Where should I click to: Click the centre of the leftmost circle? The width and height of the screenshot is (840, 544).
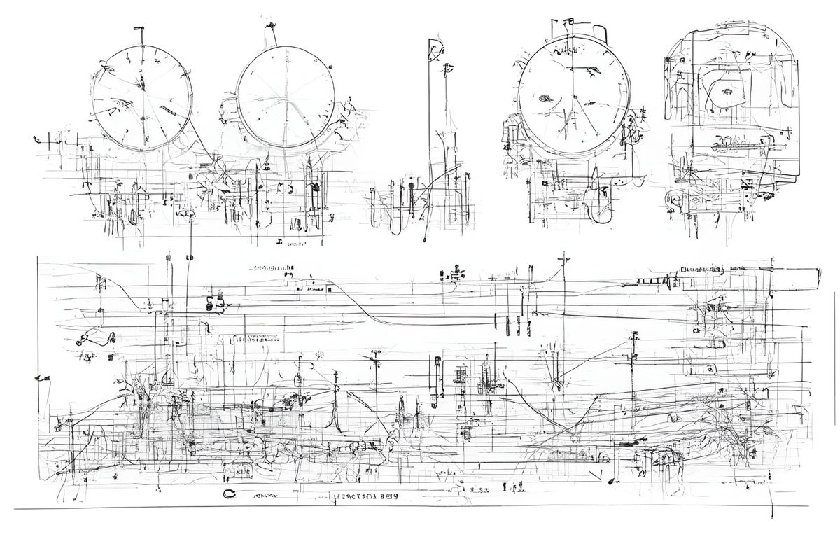click(142, 97)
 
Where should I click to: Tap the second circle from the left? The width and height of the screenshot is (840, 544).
click(285, 97)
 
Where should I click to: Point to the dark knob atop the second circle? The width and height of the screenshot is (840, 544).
click(269, 27)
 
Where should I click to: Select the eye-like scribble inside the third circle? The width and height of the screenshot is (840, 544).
click(545, 99)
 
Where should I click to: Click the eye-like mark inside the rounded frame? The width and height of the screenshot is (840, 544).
click(726, 90)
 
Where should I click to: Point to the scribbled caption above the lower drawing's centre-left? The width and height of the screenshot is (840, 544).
click(273, 268)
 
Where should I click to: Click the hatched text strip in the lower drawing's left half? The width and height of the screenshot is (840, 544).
click(253, 339)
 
